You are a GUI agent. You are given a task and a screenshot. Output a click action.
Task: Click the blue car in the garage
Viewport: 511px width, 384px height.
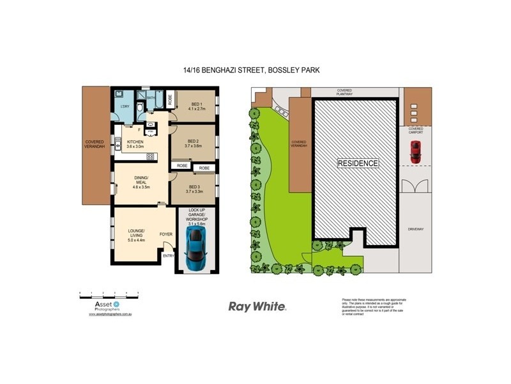[195, 251]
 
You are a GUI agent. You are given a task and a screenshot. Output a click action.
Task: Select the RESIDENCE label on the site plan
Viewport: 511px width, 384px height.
[358, 163]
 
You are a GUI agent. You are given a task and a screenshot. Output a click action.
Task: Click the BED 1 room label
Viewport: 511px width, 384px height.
[195, 106]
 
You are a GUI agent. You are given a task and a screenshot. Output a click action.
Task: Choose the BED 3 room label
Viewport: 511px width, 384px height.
[194, 188]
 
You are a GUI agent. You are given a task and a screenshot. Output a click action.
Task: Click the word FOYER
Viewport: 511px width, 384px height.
[166, 234]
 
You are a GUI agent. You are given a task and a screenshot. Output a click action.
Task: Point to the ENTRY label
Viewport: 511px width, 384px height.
[168, 256]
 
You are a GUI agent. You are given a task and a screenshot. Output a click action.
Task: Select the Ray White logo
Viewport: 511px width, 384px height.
[257, 307]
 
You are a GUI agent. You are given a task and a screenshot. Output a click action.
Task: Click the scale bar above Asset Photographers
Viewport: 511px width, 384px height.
[109, 294]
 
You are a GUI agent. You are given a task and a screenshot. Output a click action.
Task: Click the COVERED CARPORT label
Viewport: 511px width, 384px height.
[416, 131]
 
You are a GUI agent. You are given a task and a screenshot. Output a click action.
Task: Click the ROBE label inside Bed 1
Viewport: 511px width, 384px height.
[170, 99]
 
